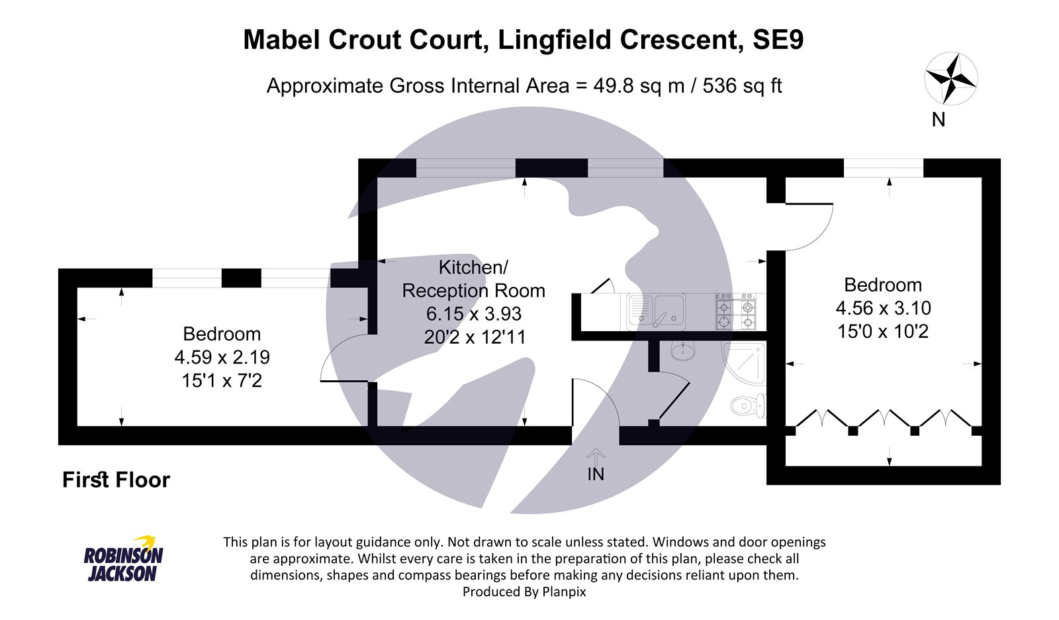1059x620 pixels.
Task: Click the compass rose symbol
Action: pyautogui.click(x=950, y=79)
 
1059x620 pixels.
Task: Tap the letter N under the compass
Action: pyautogui.click(x=939, y=120)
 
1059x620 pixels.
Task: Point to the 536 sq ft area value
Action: pyautogui.click(x=742, y=85)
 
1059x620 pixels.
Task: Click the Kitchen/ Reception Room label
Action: pyautogui.click(x=473, y=279)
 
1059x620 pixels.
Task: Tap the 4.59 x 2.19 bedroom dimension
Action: pyautogui.click(x=222, y=357)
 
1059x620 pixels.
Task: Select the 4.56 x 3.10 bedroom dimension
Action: pyautogui.click(x=883, y=308)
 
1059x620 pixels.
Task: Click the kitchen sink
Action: pyautogui.click(x=656, y=311)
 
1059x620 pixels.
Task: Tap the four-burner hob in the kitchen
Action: pyautogui.click(x=735, y=311)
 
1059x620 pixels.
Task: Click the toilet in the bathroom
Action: pyautogui.click(x=748, y=405)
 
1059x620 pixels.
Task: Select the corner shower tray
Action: pyautogui.click(x=743, y=363)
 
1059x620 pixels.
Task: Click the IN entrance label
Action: pyautogui.click(x=596, y=474)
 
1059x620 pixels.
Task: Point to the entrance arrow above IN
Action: pyautogui.click(x=596, y=456)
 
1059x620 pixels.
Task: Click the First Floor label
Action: pyautogui.click(x=116, y=480)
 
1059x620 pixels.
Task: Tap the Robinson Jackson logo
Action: pyautogui.click(x=123, y=558)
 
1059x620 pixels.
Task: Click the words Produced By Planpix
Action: pyautogui.click(x=524, y=592)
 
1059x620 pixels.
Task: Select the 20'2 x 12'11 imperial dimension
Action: pyautogui.click(x=475, y=337)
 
